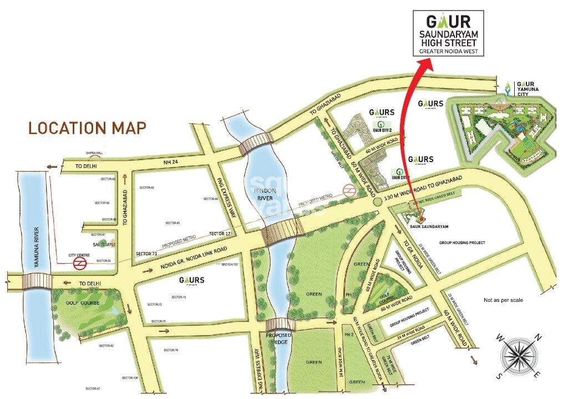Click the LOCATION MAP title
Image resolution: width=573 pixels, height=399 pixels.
[x=87, y=128]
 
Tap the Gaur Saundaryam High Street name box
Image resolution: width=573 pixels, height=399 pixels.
[x=452, y=33]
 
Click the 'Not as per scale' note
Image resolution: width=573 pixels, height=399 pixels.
[x=503, y=300]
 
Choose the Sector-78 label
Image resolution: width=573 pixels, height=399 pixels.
[x=172, y=350]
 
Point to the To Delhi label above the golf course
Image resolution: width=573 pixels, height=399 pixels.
[x=90, y=284]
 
